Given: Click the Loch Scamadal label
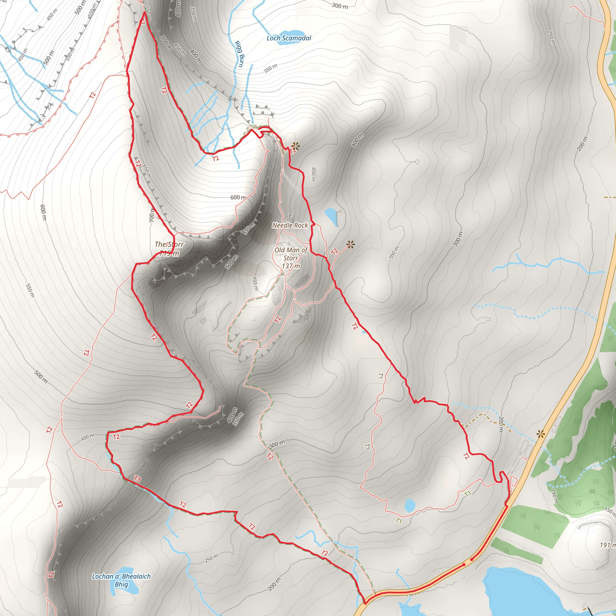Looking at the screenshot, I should pos(288,38).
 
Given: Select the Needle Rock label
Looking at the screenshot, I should pos(290,225).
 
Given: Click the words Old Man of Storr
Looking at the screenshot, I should pos(291,254).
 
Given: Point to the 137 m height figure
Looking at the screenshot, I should pos(291,266).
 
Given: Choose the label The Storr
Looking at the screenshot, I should pos(169,245).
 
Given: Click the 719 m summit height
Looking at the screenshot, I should pos(169,254).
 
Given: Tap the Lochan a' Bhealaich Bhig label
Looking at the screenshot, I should pos(121,580).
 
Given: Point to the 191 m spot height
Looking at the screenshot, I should pos(607,545).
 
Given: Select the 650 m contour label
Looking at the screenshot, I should pos(147,171).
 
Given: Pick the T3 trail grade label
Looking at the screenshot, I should pos(137,479).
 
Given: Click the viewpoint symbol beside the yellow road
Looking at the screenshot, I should pos(541,434).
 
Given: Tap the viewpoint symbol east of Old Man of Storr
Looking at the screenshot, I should pos(351,245).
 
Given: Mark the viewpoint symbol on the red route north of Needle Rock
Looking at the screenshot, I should pos(295,146).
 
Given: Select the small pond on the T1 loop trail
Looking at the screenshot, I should pos(409,505).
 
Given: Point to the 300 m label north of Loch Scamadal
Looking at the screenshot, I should pos(340,6).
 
